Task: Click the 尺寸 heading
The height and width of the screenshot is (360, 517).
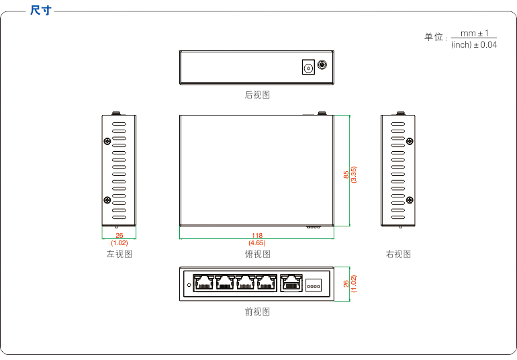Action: pyautogui.click(x=41, y=11)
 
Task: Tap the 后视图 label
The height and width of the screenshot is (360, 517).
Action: pyautogui.click(x=257, y=95)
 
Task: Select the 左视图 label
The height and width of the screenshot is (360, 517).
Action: pyautogui.click(x=119, y=254)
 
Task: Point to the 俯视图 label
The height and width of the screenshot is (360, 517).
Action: pyautogui.click(x=257, y=254)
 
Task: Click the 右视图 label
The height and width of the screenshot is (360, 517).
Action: pyautogui.click(x=398, y=254)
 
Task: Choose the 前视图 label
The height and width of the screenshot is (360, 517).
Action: pyautogui.click(x=257, y=312)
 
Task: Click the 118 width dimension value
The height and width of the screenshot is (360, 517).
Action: pyautogui.click(x=257, y=235)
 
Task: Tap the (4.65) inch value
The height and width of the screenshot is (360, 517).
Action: pyautogui.click(x=257, y=242)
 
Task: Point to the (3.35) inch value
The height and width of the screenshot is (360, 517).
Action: pyautogui.click(x=354, y=175)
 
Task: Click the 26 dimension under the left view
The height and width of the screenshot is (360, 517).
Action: pyautogui.click(x=120, y=235)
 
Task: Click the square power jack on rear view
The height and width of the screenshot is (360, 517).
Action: pyautogui.click(x=308, y=67)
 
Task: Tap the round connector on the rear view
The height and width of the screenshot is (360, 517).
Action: pyautogui.click(x=323, y=65)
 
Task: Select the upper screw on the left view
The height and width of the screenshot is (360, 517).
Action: pyautogui.click(x=107, y=141)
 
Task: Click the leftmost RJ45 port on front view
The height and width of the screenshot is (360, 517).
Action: pyautogui.click(x=203, y=283)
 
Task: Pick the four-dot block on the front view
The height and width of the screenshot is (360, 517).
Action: pyautogui.click(x=314, y=284)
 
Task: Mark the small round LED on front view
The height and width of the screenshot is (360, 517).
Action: pyautogui.click(x=188, y=285)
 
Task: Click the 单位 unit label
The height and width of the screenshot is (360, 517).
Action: pyautogui.click(x=434, y=37)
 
